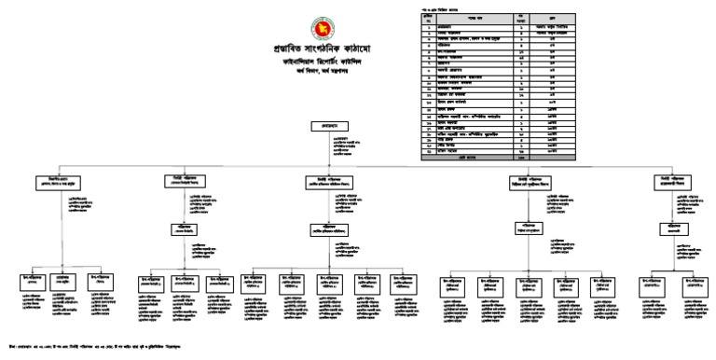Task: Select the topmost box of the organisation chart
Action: pyautogui.click(x=345, y=123)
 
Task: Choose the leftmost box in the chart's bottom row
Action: pyautogui.click(x=32, y=280)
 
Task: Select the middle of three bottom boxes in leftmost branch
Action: pyautogui.click(x=62, y=280)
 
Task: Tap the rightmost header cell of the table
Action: pyautogui.click(x=551, y=16)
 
